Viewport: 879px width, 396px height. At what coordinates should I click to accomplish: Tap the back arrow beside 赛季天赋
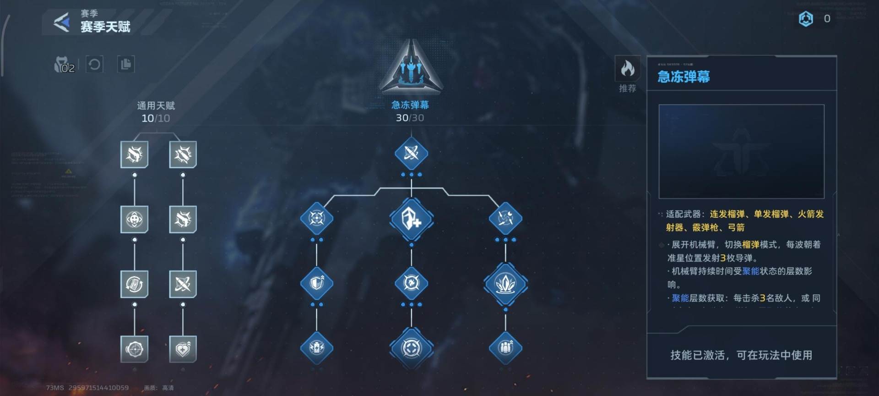[62, 22]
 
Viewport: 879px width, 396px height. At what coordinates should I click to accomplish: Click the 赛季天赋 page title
[105, 27]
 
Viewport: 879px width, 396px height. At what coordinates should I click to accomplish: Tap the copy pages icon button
[125, 64]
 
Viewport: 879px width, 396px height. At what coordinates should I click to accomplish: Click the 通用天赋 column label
[156, 106]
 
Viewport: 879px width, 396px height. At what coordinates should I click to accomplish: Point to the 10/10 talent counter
[156, 118]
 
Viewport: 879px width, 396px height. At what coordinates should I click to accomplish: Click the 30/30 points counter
[410, 118]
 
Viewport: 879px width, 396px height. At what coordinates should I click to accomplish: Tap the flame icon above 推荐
[627, 69]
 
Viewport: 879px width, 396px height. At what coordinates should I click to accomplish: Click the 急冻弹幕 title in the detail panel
[684, 77]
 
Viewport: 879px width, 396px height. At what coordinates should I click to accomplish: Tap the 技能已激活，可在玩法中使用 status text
[741, 355]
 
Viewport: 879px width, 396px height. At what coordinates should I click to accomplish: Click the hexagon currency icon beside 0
[806, 19]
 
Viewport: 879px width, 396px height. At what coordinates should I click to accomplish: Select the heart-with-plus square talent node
[183, 349]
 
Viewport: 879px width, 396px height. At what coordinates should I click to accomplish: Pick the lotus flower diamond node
[505, 284]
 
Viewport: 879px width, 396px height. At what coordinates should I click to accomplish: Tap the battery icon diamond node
[316, 348]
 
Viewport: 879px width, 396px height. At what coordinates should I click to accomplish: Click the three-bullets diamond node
[505, 348]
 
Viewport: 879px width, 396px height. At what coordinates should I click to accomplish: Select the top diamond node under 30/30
[411, 153]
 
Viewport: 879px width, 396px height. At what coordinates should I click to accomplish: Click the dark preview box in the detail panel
[741, 151]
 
